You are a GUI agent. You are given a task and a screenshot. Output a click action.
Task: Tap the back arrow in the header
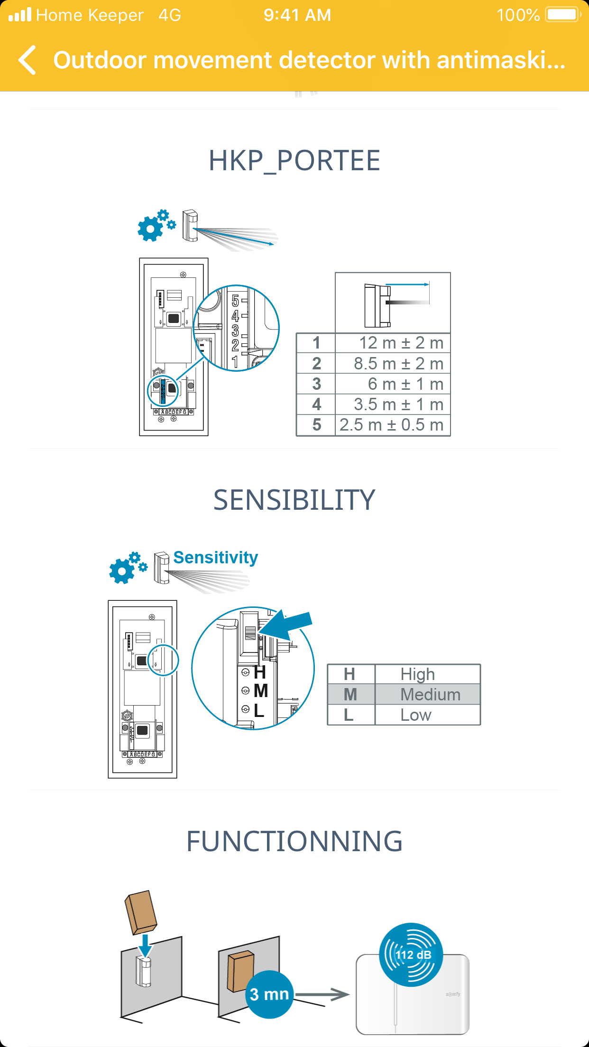(28, 60)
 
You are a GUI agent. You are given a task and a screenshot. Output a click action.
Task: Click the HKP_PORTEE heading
(294, 161)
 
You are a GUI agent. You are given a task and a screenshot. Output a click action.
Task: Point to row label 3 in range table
(316, 384)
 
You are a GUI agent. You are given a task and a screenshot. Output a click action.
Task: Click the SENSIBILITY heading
(294, 500)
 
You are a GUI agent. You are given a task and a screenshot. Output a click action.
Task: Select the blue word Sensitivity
(215, 558)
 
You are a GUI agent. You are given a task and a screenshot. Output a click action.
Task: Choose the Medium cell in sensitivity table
(430, 695)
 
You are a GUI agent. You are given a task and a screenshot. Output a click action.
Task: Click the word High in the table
(417, 674)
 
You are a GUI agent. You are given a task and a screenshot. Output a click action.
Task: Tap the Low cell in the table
(416, 715)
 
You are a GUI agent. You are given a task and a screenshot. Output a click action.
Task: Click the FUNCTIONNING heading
(294, 842)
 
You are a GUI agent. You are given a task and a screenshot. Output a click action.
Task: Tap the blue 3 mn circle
(269, 994)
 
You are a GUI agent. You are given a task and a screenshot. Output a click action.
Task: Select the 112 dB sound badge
(411, 955)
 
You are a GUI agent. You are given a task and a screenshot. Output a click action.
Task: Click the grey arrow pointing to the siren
(322, 994)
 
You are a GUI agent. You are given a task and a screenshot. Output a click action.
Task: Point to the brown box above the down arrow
(141, 911)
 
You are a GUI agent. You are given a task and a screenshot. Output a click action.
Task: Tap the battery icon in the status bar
(563, 15)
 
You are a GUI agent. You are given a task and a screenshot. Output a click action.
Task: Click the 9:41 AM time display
(297, 15)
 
